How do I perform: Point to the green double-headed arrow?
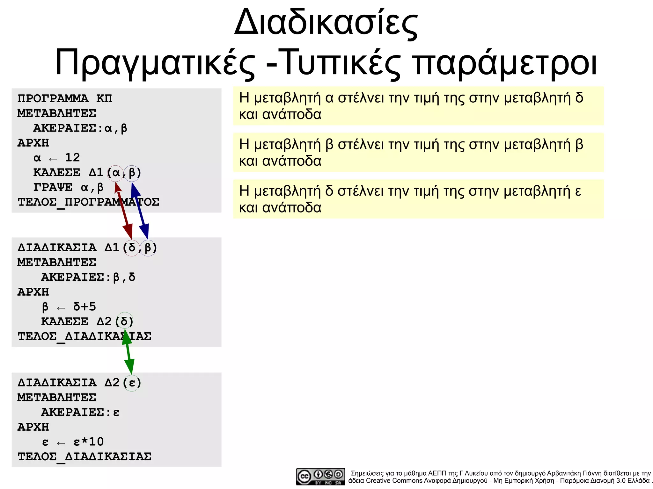pos(128,352)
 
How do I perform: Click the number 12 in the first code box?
pos(72,157)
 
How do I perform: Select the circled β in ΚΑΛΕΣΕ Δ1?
pos(132,173)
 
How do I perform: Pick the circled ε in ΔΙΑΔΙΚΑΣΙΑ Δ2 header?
pos(132,383)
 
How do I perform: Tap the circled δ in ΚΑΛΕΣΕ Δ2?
pos(124,321)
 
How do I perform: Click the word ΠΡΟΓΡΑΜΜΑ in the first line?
pos(53,98)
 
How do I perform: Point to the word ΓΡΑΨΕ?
pos(53,187)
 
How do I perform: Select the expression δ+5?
pos(84,306)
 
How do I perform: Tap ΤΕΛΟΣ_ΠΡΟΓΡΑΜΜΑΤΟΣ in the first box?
pos(88,202)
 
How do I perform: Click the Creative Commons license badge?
pos(320,476)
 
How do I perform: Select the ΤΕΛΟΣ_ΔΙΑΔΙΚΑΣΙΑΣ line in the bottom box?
pos(84,457)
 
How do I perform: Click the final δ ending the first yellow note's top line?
pos(579,98)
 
